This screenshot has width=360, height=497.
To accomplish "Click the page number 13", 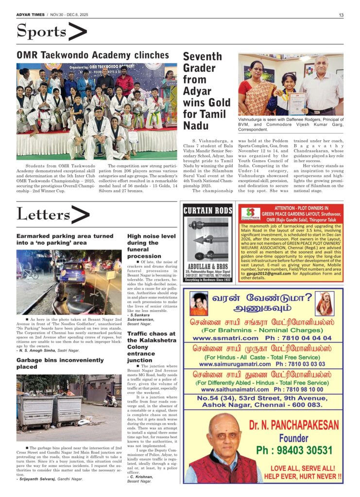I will click(x=341, y=15).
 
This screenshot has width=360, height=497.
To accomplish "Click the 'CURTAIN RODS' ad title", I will click(x=208, y=210).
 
